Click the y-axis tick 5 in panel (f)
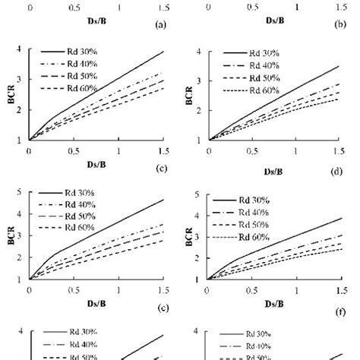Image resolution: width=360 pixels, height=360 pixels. tap(196, 194)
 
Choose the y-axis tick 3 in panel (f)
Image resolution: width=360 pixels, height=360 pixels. tap(196, 237)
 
